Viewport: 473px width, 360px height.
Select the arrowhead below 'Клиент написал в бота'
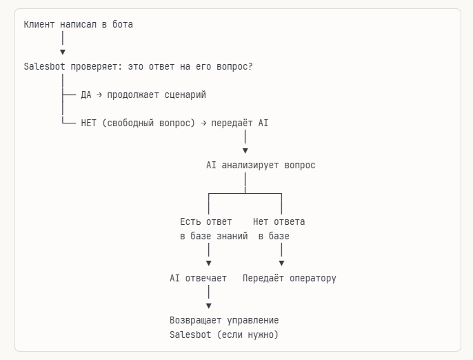click(63, 52)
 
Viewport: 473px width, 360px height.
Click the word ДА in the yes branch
click(86, 95)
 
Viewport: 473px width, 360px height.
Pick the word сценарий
click(185, 95)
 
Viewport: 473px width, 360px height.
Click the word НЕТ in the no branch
click(89, 123)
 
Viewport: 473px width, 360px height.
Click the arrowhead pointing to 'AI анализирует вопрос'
click(245, 150)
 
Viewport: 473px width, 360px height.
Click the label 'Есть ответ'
click(206, 222)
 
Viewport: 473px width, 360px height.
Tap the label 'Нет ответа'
click(279, 222)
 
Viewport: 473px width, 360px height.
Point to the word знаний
click(232, 237)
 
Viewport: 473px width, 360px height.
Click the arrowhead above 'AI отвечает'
click(208, 263)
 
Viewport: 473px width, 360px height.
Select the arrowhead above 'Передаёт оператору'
click(281, 263)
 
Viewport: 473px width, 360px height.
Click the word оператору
click(312, 279)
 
